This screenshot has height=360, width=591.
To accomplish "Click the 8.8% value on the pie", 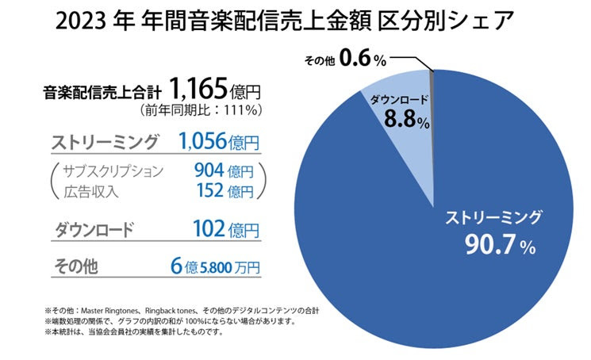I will (406, 121).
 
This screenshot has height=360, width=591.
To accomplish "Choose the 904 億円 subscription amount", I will (223, 170).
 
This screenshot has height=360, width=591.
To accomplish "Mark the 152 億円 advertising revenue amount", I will (223, 191).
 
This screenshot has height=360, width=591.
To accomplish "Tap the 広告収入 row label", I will (92, 191).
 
